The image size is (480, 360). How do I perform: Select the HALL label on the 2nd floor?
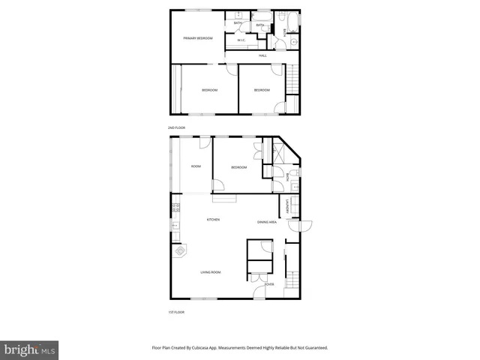262,55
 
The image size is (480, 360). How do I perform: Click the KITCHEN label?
213,219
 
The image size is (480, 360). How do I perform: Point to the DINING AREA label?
267,222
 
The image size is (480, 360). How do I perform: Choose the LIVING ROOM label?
210,271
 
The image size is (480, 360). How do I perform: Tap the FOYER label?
269,285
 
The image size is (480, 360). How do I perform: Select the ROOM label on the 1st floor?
196,166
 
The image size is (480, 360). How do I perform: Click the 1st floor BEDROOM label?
238,167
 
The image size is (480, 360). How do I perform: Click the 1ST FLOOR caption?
175,312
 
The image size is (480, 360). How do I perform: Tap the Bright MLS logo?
30,349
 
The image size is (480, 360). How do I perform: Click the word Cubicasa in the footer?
225,348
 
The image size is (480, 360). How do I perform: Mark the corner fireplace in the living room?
180,252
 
